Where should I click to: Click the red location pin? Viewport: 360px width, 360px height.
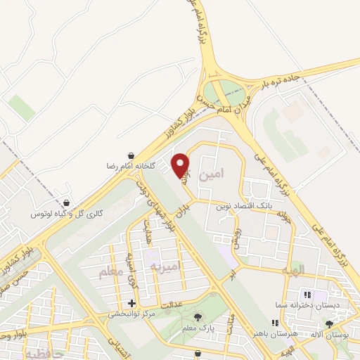pos(181,165)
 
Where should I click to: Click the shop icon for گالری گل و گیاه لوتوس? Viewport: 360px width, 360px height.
pos(66,200)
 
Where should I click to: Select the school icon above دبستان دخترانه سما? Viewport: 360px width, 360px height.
pos(305,294)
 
